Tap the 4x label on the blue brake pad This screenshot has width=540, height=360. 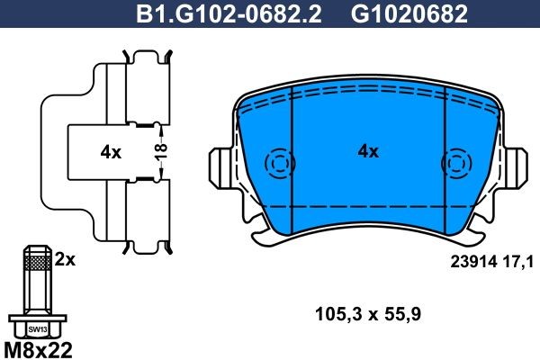point(368,152)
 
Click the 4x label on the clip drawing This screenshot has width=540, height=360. point(111,153)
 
